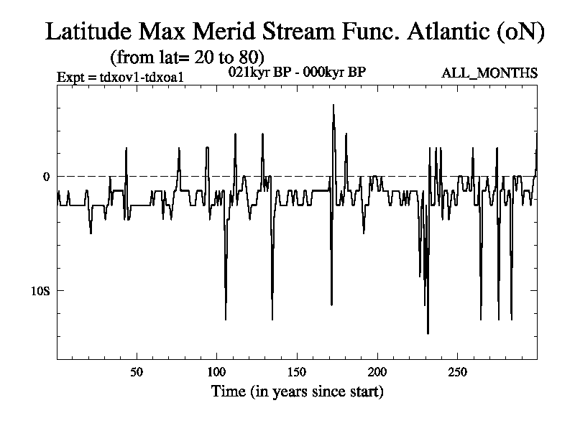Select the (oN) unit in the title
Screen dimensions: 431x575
520,32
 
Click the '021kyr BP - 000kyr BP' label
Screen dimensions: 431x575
297,73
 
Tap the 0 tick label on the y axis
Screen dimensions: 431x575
46,176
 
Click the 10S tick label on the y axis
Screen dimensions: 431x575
40,290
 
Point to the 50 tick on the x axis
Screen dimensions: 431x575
137,372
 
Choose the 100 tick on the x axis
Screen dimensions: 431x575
216,372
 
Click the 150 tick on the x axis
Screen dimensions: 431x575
297,372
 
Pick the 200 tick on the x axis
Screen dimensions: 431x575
377,372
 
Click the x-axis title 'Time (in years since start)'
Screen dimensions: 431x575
297,392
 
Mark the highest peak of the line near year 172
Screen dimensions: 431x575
333,105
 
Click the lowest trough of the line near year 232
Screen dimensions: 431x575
428,333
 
